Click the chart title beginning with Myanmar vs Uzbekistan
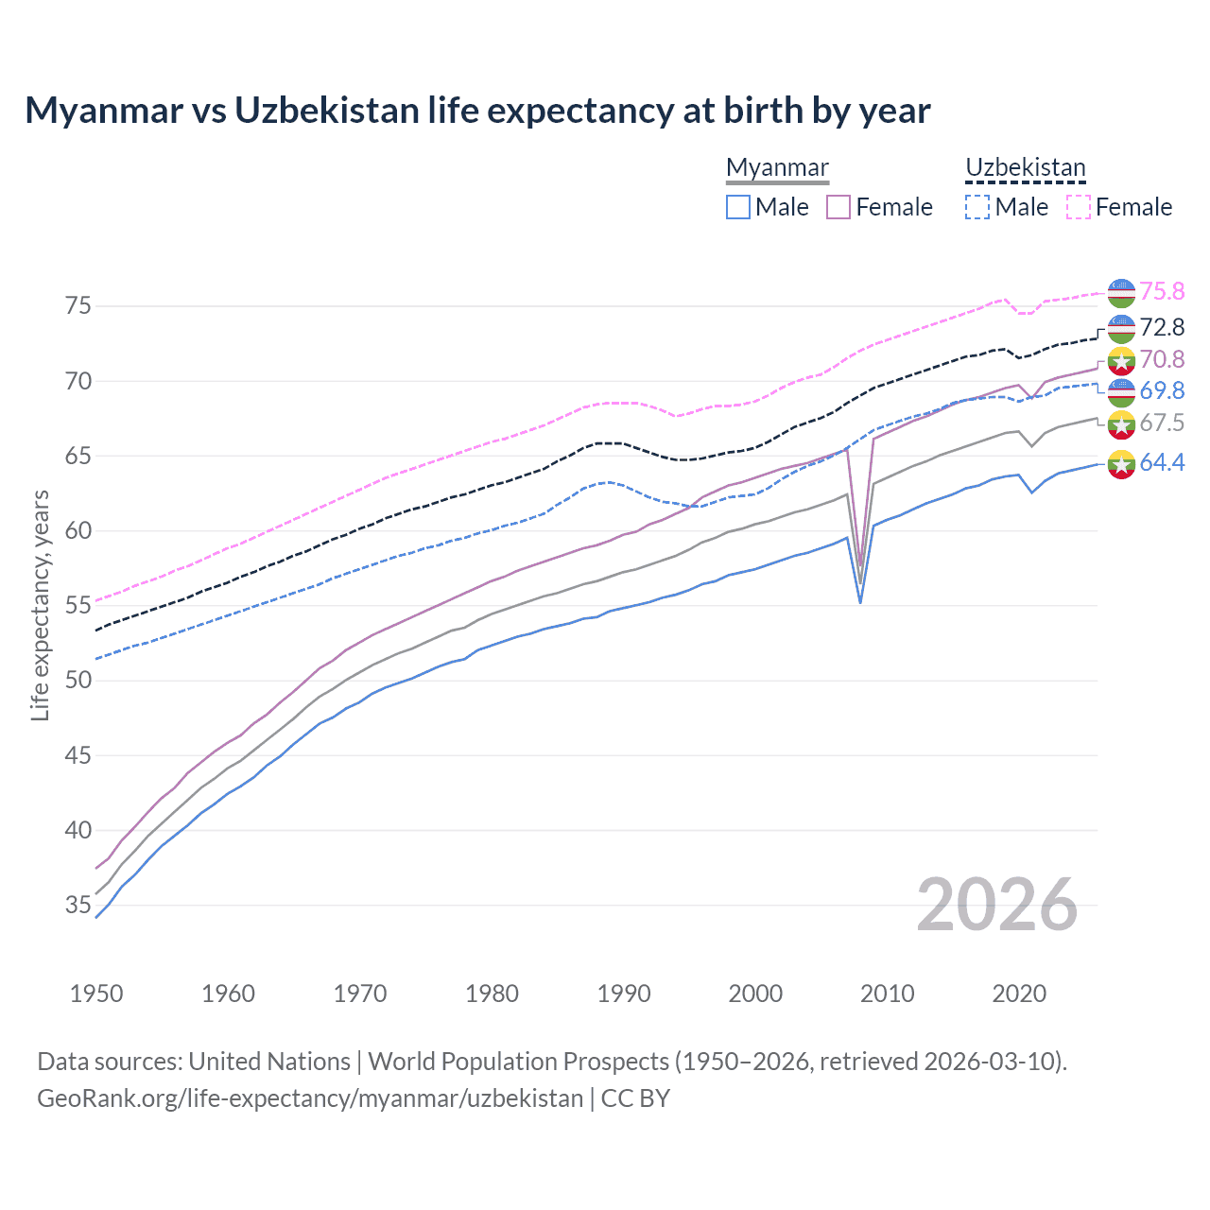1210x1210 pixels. [477, 111]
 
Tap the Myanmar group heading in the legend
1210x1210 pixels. [777, 167]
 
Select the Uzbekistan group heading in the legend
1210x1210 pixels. [1025, 167]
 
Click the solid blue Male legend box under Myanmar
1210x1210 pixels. [738, 207]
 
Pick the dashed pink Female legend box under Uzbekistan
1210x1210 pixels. [1079, 207]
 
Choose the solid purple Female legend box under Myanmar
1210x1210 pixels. [838, 207]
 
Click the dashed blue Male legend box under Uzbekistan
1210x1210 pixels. [977, 207]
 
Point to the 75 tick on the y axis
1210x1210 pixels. [78, 306]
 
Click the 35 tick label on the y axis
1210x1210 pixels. [78, 906]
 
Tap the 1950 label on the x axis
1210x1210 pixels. [96, 994]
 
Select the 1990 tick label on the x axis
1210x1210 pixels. [624, 994]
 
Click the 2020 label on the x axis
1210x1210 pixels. [1019, 994]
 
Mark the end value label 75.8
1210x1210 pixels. [1162, 292]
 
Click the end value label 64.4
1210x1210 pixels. [1162, 463]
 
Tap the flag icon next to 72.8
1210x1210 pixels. [1121, 328]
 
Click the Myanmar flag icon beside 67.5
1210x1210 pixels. [1121, 424]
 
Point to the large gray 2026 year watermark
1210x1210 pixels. [997, 905]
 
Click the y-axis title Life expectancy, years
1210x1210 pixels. [40, 605]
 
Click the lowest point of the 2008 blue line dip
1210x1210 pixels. [860, 602]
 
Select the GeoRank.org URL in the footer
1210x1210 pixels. [310, 1098]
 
